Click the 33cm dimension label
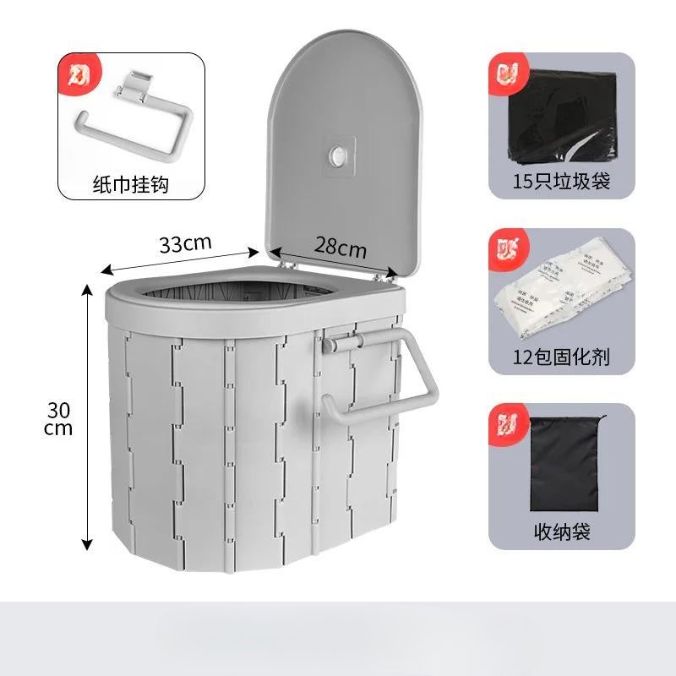click(185, 243)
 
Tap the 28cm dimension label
click(341, 248)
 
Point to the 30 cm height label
click(59, 418)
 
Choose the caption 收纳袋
click(562, 532)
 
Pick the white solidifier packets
click(562, 292)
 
